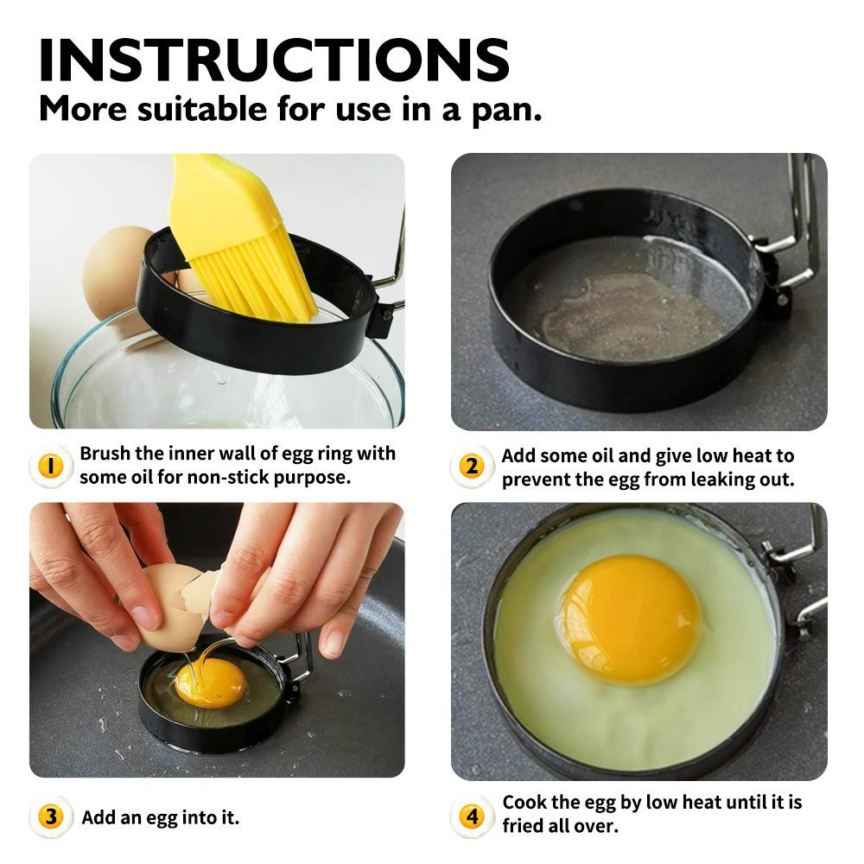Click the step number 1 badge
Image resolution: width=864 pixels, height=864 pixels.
[51, 467]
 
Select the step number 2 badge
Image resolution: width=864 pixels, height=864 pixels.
[472, 467]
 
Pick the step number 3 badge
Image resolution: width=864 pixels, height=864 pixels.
[51, 816]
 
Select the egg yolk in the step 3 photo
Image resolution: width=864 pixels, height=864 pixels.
[210, 683]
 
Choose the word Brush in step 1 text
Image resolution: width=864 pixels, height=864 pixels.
[105, 454]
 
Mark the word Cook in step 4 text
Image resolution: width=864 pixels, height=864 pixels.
[524, 803]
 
